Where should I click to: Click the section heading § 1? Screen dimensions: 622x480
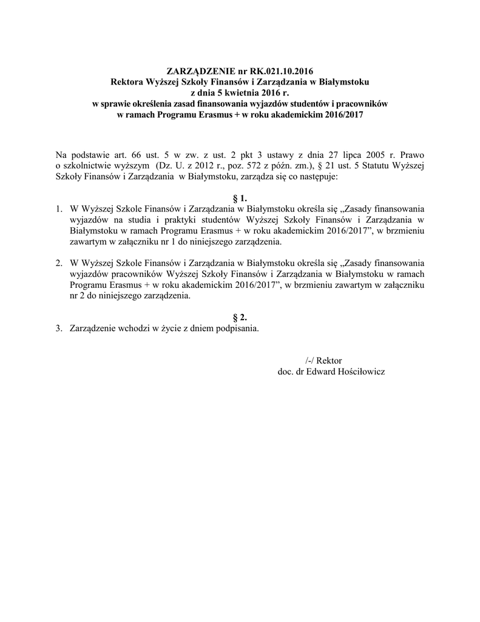pos(240,198)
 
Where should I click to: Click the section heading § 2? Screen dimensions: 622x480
pos(240,318)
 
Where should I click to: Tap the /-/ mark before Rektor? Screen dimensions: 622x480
pos(311,360)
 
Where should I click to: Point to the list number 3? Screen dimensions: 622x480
pos(59,329)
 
